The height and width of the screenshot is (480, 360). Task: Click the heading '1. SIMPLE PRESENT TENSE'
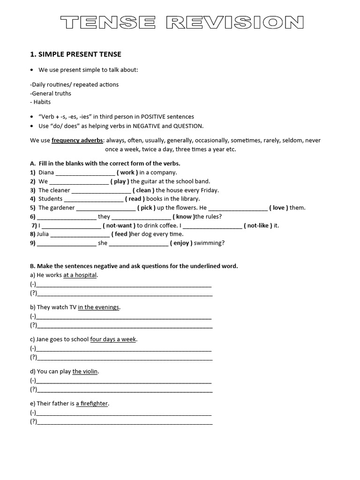[x=75, y=54]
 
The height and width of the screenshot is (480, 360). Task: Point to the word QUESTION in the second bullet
[x=188, y=126]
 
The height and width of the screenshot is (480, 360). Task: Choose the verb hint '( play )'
[x=120, y=181]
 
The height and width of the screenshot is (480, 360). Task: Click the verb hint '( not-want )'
[x=119, y=225]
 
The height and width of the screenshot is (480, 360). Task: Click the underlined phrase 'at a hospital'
[x=80, y=275]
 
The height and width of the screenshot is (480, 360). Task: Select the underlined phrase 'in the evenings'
[x=99, y=307]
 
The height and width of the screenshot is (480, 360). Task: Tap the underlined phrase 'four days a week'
[x=113, y=339]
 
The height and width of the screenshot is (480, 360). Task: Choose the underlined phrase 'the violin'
[x=85, y=371]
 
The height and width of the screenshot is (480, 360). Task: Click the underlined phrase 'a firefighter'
[x=92, y=404]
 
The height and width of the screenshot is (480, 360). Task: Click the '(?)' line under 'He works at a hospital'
[x=124, y=294]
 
